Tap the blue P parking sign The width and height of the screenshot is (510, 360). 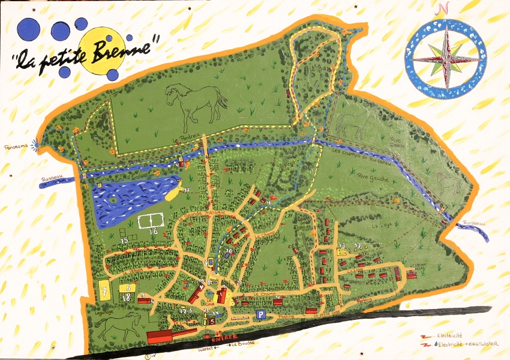click(x=260, y=314)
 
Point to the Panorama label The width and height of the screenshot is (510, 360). click(x=17, y=146)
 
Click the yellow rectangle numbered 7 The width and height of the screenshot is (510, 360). click(x=105, y=291)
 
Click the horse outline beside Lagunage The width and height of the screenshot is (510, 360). click(x=118, y=328)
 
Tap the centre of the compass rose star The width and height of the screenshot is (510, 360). click(x=446, y=59)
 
